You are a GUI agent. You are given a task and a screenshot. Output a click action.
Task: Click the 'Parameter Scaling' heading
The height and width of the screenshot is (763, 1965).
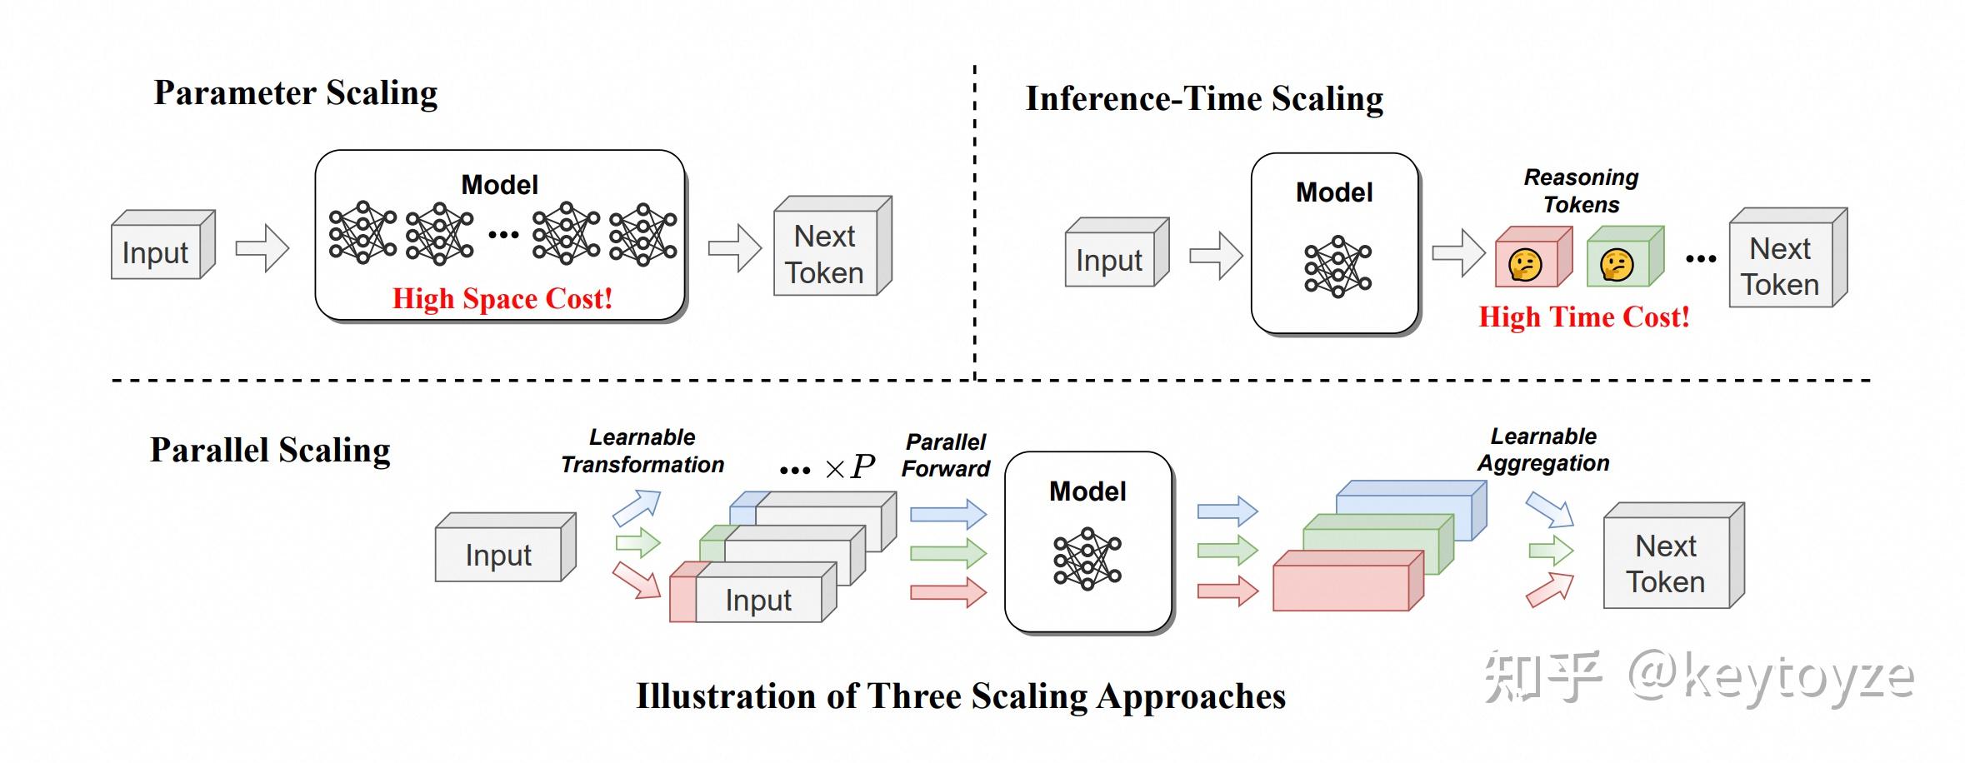point(295,93)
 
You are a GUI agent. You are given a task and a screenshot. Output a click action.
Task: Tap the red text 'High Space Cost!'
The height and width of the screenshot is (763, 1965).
point(502,298)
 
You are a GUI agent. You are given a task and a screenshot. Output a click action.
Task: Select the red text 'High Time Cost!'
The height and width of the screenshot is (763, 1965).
point(1583,317)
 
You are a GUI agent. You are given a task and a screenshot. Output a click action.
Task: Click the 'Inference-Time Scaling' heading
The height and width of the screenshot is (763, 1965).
point(1203,99)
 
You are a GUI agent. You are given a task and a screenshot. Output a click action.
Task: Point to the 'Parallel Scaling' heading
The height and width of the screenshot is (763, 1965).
point(270,451)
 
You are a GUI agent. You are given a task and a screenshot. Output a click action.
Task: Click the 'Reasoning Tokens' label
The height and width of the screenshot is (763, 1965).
point(1581,191)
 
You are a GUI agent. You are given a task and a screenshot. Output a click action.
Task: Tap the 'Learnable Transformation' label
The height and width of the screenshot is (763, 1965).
point(642,451)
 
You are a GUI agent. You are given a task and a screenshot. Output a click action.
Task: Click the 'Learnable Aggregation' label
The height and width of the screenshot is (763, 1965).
point(1543,450)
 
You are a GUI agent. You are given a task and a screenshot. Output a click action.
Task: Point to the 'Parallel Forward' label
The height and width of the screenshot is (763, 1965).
point(945,455)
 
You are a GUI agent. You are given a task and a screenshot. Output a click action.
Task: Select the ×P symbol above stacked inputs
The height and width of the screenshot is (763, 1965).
point(849,466)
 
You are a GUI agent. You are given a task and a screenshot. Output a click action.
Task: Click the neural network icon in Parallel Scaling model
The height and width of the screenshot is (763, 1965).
point(1087,558)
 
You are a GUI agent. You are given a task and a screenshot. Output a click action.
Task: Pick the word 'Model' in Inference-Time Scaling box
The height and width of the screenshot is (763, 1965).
point(1333,193)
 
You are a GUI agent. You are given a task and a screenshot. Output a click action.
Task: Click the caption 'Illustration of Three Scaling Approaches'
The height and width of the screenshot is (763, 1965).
point(961,696)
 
